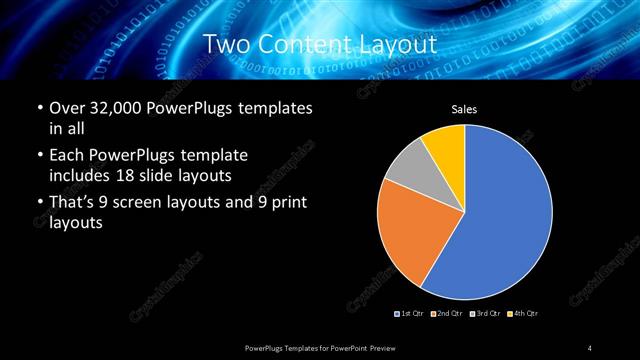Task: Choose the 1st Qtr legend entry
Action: [x=410, y=314]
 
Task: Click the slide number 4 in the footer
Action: [x=591, y=347]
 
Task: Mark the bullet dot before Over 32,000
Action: [x=39, y=109]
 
